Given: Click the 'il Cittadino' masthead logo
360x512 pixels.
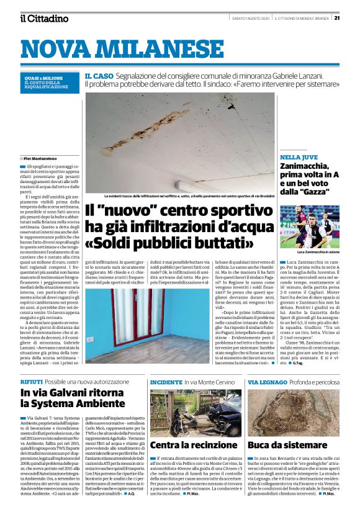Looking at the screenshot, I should click(43, 18).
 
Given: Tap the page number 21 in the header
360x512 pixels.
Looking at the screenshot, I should click(353, 17).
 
